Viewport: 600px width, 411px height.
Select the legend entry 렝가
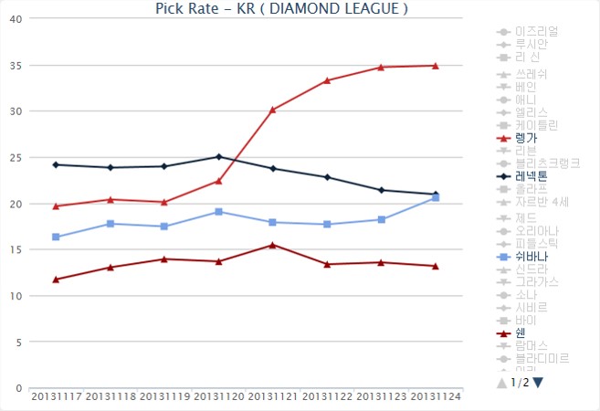tap(526, 138)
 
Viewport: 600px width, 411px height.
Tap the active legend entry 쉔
tap(520, 332)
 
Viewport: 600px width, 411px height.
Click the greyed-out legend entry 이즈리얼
tap(536, 31)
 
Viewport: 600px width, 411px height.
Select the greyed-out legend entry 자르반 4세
tap(542, 202)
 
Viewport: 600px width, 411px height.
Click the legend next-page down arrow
tap(538, 383)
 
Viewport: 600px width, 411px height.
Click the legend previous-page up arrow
tap(501, 383)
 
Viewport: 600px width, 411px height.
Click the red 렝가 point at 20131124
tap(436, 66)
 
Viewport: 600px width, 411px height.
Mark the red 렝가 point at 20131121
tap(272, 110)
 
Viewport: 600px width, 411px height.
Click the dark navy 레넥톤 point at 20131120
tap(218, 156)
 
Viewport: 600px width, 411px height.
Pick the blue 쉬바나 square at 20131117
tap(56, 237)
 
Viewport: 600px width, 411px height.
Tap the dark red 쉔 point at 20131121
tap(272, 245)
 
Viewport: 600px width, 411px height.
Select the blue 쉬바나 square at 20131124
tap(436, 197)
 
